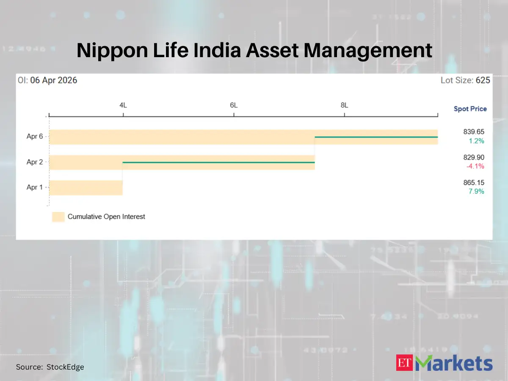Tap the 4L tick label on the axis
click(x=123, y=105)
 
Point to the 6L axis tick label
click(x=234, y=105)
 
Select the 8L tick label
click(x=345, y=105)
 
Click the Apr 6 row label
click(x=35, y=137)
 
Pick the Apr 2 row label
click(x=35, y=162)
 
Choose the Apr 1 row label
click(x=35, y=188)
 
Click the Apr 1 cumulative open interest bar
click(x=86, y=188)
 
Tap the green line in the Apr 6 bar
click(x=376, y=137)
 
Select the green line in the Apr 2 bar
click(x=218, y=163)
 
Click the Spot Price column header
click(x=470, y=109)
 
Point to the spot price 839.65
click(x=474, y=132)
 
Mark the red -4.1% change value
click(x=475, y=166)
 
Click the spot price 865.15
click(x=474, y=183)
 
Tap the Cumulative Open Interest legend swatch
click(x=58, y=217)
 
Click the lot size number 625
click(x=483, y=80)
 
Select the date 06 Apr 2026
click(x=54, y=80)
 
